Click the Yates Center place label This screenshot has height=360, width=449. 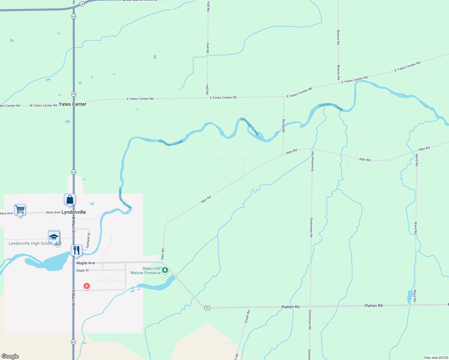(x=73, y=104)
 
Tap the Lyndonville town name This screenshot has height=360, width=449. (x=74, y=212)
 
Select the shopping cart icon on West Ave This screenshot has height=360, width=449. (x=20, y=209)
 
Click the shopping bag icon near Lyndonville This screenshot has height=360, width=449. (x=70, y=200)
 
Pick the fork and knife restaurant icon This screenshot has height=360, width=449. (x=77, y=250)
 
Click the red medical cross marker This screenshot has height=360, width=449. (x=87, y=286)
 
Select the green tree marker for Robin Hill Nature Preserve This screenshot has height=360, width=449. (x=165, y=270)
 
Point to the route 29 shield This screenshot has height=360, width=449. (x=207, y=308)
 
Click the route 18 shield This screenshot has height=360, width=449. (x=82, y=4)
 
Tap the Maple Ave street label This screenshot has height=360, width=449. (x=86, y=263)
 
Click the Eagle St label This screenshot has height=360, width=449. (x=83, y=270)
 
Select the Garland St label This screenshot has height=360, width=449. (x=88, y=240)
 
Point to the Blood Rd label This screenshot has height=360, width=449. (x=284, y=126)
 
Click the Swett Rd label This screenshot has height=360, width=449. (x=247, y=316)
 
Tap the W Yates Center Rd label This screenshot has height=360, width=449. (x=44, y=106)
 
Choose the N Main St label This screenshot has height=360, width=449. (x=73, y=225)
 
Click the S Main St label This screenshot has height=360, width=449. (x=73, y=298)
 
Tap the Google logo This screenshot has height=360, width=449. (x=10, y=356)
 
